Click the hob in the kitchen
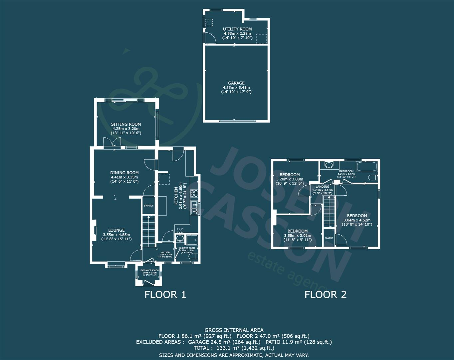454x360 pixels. (194, 193)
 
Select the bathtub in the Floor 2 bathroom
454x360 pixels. (366, 166)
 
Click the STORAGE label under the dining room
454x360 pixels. (148, 206)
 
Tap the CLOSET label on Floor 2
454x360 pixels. (329, 238)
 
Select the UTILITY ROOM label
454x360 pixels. (237, 29)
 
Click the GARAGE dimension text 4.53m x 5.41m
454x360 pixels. (236, 87)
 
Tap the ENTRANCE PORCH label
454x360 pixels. (149, 270)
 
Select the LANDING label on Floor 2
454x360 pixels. (322, 187)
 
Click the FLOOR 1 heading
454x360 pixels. (165, 295)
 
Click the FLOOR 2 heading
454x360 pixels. (325, 295)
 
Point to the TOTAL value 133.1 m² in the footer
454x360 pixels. (216, 348)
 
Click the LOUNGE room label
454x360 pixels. (116, 230)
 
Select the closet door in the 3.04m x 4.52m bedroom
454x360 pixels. (341, 240)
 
